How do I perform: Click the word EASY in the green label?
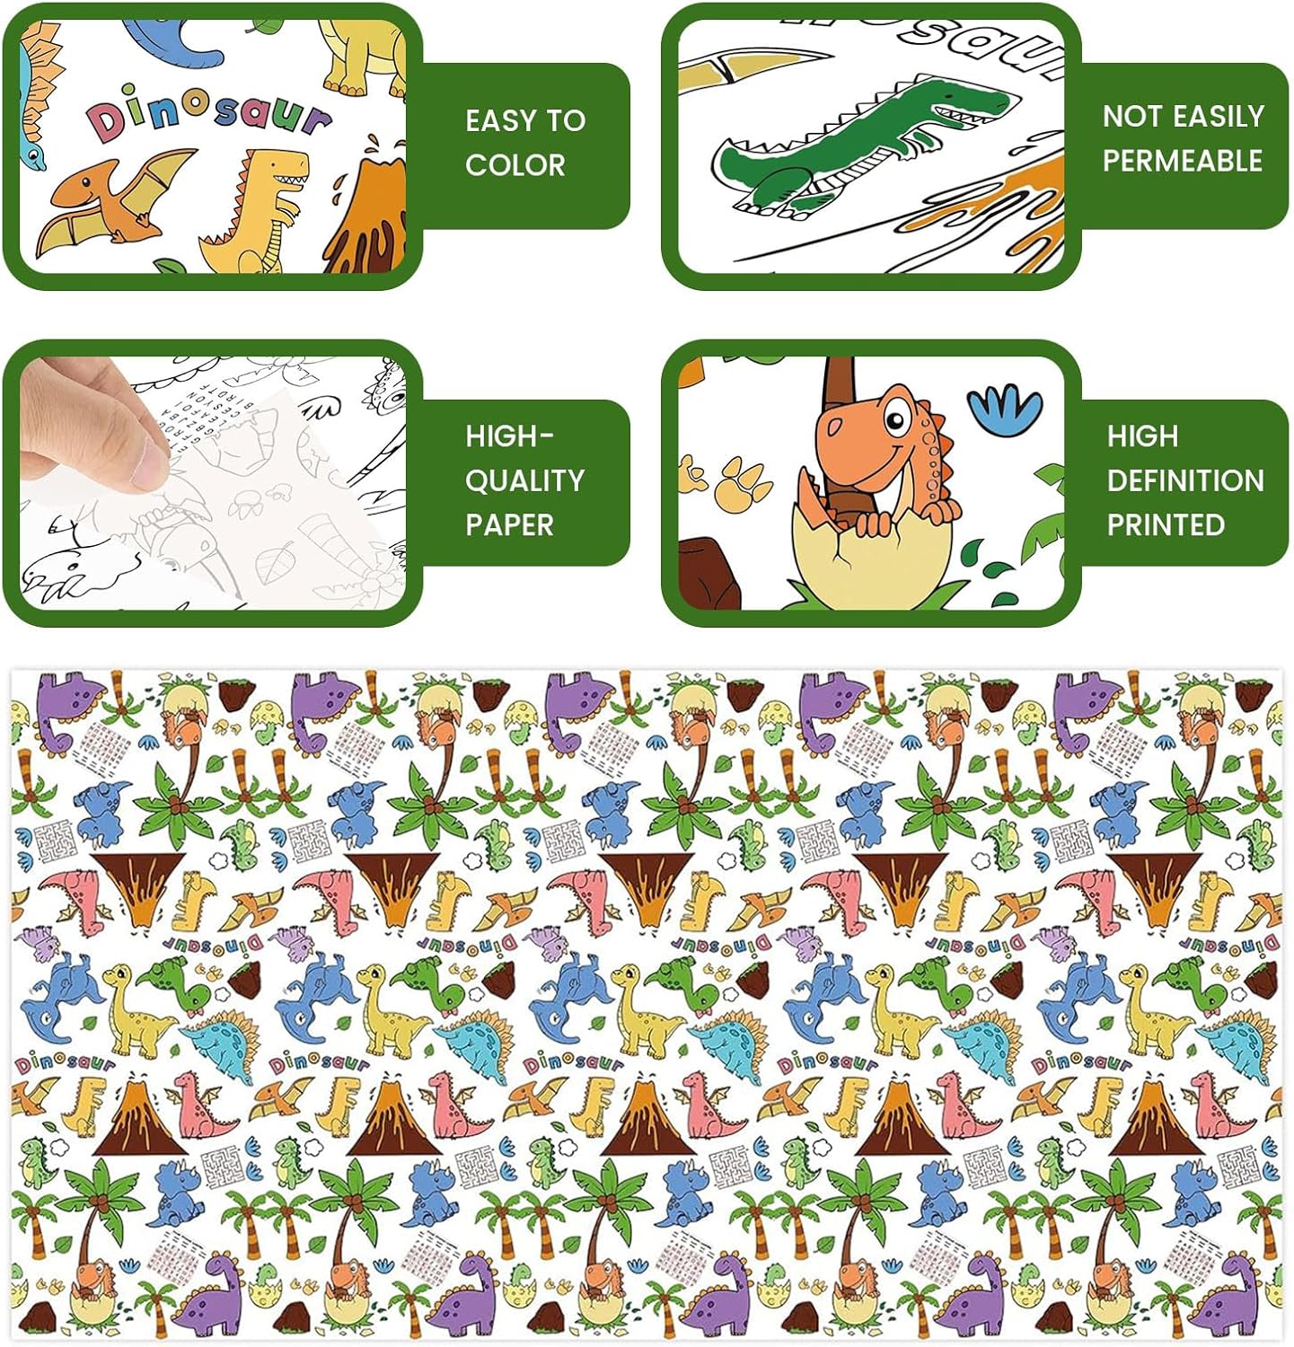point(495,120)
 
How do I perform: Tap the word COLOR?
point(515,165)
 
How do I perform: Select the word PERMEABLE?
point(1182,161)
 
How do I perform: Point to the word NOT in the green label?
point(1130,116)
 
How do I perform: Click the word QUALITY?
point(524,480)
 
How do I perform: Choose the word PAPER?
point(508,524)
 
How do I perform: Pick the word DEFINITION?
point(1184,480)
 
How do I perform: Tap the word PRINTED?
point(1165,524)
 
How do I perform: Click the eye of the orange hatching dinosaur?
point(894,419)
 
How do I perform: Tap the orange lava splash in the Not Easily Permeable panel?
point(1024,216)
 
